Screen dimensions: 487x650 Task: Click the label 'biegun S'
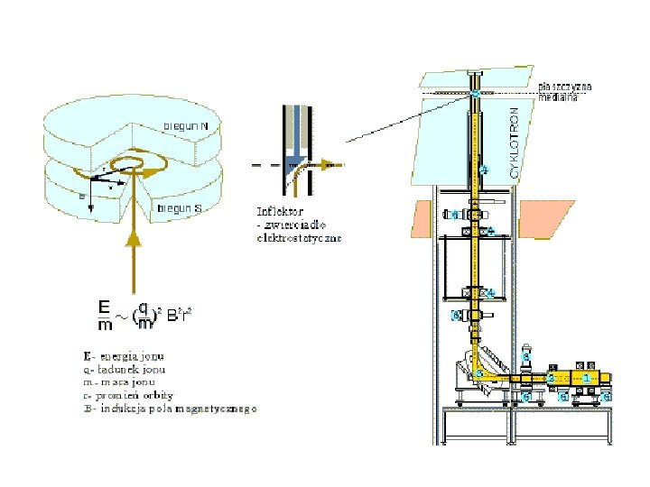(x=181, y=208)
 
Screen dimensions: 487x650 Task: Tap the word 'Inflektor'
(x=279, y=211)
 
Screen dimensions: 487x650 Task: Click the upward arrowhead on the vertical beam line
(x=134, y=237)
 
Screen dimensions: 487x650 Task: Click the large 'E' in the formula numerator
(x=106, y=307)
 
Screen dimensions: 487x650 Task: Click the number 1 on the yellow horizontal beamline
(x=588, y=378)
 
